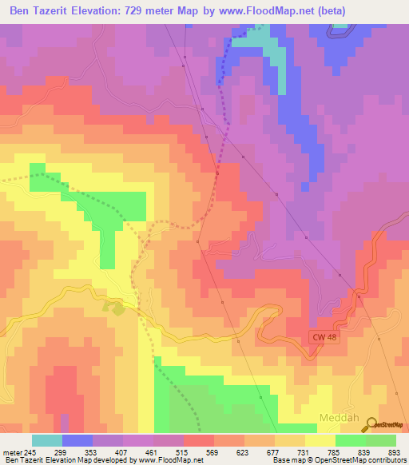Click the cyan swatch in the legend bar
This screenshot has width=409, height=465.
[47, 440]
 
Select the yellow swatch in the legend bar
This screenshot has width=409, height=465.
[320, 440]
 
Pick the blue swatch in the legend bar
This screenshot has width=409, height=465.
[77, 440]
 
